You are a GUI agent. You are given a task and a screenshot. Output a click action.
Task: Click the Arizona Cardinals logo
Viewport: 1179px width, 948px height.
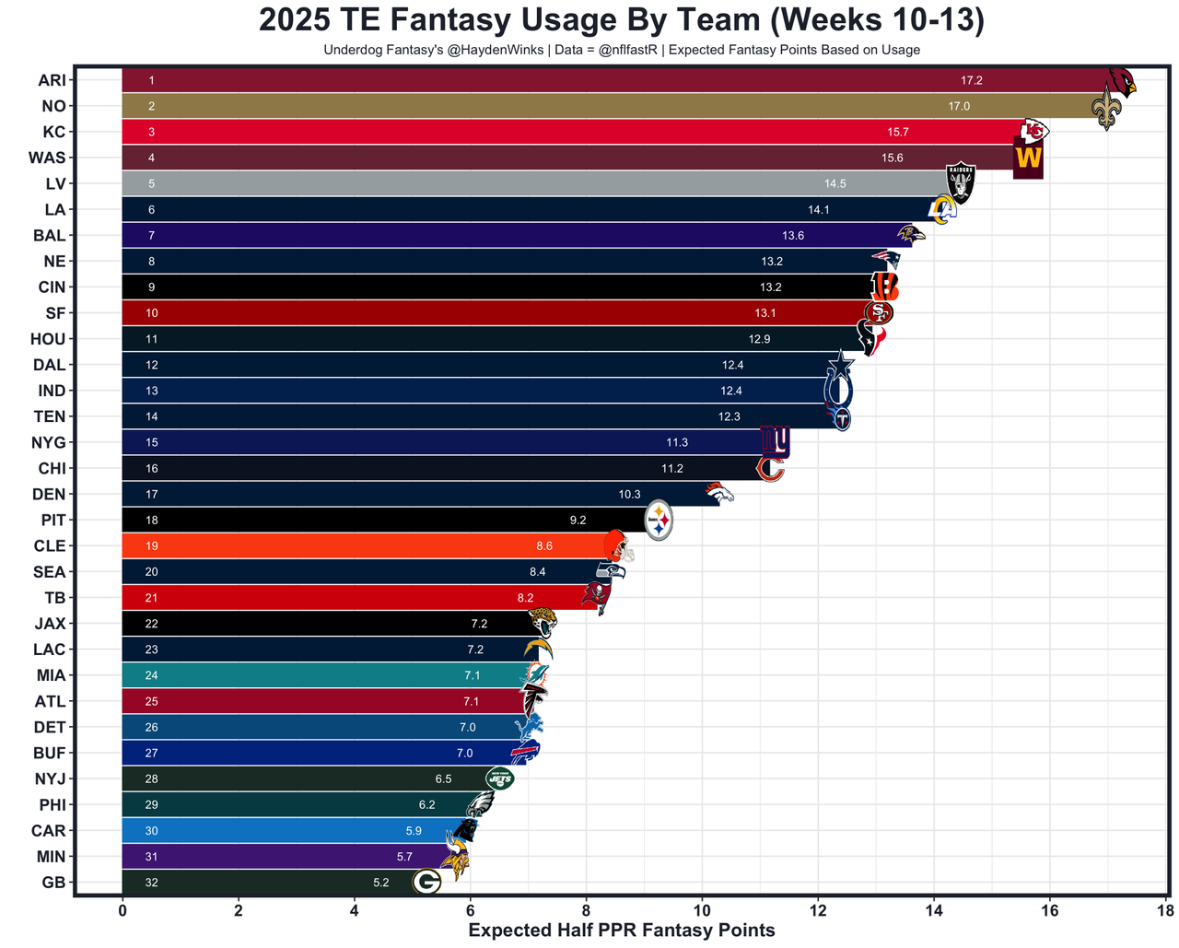point(1121,84)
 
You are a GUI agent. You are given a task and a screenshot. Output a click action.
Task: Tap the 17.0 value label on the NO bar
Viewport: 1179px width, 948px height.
point(959,107)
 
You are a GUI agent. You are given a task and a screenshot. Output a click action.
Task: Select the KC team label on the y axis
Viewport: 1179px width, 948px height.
point(54,132)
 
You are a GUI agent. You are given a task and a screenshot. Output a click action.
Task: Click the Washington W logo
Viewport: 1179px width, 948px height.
point(1028,158)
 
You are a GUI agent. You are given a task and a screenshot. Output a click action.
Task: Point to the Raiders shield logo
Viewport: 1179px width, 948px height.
point(961,182)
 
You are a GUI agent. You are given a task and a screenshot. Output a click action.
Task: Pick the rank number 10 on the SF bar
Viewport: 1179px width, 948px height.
point(152,313)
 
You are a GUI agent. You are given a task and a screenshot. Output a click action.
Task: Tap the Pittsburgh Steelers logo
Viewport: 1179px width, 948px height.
point(659,521)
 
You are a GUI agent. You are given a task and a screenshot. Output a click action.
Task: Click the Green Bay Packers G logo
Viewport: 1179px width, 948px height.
point(426,882)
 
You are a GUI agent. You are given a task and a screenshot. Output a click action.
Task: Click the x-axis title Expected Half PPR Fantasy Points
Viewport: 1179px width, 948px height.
point(622,930)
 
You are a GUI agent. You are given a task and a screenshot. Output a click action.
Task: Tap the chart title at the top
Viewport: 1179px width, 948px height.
point(622,20)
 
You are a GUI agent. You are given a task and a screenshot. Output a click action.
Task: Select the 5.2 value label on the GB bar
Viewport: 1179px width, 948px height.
point(381,883)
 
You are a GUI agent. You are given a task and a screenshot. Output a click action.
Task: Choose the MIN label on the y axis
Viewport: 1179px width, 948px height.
point(52,856)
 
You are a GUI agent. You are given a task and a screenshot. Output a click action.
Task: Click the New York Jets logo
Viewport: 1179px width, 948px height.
point(499,778)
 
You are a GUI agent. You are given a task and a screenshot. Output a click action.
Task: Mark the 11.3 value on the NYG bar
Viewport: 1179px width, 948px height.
point(677,443)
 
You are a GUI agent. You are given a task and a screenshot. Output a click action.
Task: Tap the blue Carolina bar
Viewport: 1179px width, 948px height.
point(276,831)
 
